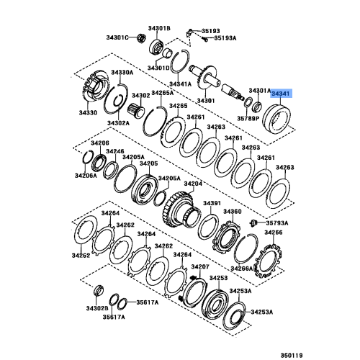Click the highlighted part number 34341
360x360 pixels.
(x=282, y=94)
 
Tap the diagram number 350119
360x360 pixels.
(x=292, y=355)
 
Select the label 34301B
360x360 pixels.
(x=159, y=28)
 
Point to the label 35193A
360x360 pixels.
(x=225, y=38)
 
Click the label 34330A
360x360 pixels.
(x=122, y=73)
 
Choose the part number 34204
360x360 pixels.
(x=193, y=184)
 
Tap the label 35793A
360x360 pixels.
(x=277, y=223)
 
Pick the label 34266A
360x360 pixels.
(x=242, y=269)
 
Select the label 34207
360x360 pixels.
(x=200, y=266)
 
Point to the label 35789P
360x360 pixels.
(x=248, y=118)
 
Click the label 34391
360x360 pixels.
(x=212, y=203)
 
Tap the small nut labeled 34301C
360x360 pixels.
(x=142, y=37)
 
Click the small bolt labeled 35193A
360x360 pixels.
(x=205, y=39)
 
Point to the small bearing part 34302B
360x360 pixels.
(x=99, y=290)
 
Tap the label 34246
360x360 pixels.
(x=115, y=151)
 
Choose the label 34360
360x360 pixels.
(x=233, y=212)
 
